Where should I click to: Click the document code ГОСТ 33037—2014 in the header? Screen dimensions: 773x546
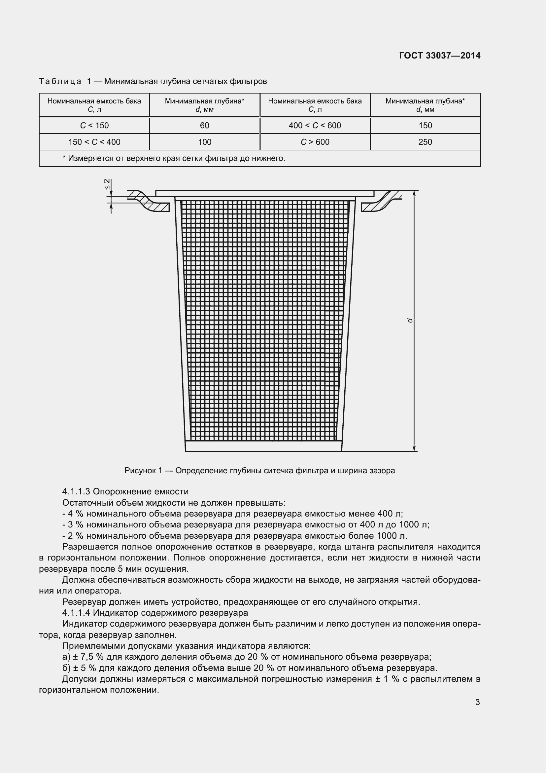[439, 56]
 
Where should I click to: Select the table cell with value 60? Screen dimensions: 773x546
[204, 126]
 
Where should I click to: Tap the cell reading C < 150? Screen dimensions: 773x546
[94, 126]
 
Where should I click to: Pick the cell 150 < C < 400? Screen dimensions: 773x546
[94, 142]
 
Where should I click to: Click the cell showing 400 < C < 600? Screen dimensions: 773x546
[315, 126]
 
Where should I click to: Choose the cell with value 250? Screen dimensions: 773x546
[425, 142]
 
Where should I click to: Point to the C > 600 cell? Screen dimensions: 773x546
[315, 142]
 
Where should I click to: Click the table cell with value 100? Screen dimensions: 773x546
[204, 142]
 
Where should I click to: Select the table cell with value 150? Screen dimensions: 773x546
[425, 126]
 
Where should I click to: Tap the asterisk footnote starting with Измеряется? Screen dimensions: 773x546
[174, 158]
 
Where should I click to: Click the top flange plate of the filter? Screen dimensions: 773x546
[264, 193]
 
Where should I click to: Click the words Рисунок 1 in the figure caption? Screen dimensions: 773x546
[143, 471]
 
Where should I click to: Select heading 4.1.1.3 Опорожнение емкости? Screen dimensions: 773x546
[125, 491]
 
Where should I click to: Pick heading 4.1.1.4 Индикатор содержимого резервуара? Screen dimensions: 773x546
[155, 612]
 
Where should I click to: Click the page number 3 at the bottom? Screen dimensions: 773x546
[477, 702]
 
